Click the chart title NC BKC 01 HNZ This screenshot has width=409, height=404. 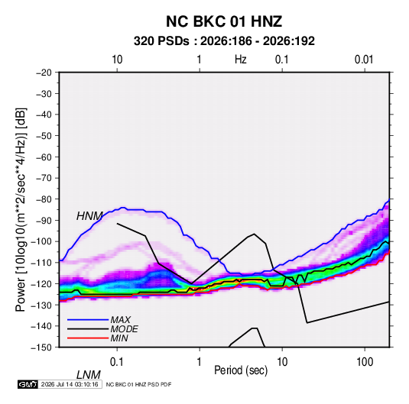pyautogui.click(x=224, y=21)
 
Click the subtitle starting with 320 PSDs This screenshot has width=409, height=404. pyautogui.click(x=224, y=41)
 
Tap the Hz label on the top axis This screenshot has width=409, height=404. pyautogui.click(x=241, y=60)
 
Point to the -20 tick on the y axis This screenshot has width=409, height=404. pyautogui.click(x=44, y=73)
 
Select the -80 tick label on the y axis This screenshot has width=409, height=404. pyautogui.click(x=44, y=199)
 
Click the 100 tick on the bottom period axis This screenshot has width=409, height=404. pyautogui.click(x=365, y=362)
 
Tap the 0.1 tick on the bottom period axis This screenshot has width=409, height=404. pyautogui.click(x=116, y=362)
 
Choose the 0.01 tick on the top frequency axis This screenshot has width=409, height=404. pyautogui.click(x=364, y=60)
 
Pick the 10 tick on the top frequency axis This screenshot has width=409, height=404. pyautogui.click(x=117, y=60)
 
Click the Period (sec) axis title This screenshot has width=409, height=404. pyautogui.click(x=241, y=370)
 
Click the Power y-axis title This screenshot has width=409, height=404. pyautogui.click(x=21, y=209)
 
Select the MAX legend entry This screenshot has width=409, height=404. pyautogui.click(x=121, y=320)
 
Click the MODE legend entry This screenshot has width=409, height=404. pyautogui.click(x=124, y=329)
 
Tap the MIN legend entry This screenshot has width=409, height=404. pyautogui.click(x=119, y=338)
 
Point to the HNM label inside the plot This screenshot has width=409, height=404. pyautogui.click(x=89, y=216)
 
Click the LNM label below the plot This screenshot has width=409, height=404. pyautogui.click(x=89, y=375)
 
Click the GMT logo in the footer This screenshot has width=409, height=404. pyautogui.click(x=28, y=384)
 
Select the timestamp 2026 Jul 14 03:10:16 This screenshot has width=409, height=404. pyautogui.click(x=70, y=384)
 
